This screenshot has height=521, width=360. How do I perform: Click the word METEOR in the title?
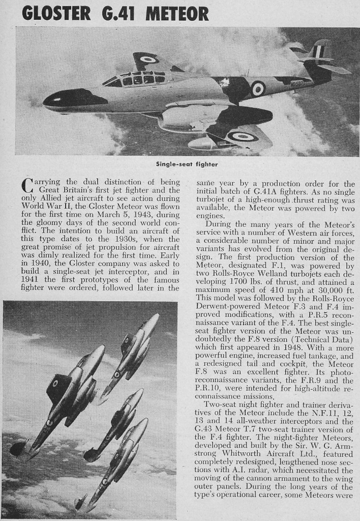[177, 12]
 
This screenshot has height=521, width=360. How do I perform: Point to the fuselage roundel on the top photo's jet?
[258, 89]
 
